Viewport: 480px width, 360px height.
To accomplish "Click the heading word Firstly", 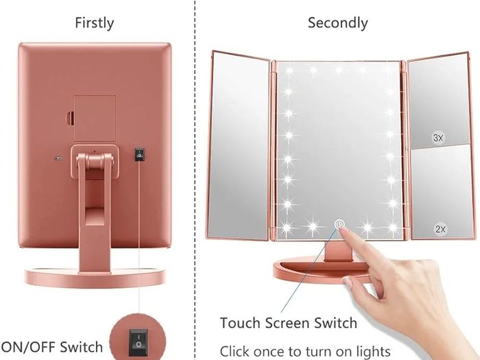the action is coord(95,23).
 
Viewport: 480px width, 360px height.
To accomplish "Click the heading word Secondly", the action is coord(337,23).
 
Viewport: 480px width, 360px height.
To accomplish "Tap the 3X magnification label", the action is coord(438,138).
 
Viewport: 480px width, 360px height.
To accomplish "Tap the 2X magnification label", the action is coord(440,229).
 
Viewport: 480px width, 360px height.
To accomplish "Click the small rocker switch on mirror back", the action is coord(139,154).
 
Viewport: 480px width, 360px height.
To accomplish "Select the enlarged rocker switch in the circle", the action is coord(138,343).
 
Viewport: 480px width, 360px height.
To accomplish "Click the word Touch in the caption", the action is coord(241,323).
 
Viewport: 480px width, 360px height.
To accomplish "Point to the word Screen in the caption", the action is coord(286,323).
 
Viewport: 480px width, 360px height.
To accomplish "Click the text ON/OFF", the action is coord(28,347).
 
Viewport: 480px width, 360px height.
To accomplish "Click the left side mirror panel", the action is coord(239,145).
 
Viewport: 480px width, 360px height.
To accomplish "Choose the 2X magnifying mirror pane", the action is coord(442,192).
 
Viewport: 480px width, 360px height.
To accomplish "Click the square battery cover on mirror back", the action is coord(95,118).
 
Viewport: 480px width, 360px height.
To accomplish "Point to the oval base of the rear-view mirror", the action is coord(95,277).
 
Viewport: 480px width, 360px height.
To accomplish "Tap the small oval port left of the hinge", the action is coord(58,158).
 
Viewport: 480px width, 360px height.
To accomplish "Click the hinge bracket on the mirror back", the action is coord(95,162).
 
